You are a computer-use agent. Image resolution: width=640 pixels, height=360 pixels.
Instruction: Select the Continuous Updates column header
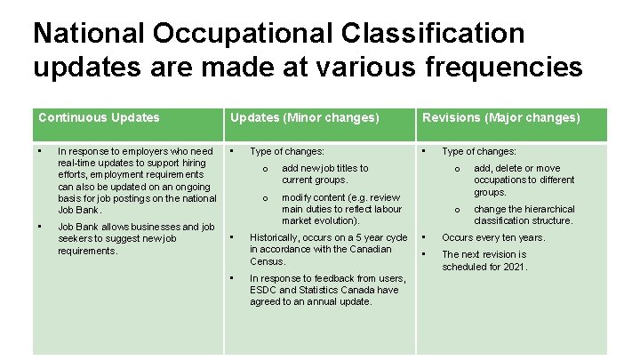pos(99,117)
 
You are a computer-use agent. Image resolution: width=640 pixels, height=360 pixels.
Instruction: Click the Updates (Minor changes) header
pos(304,117)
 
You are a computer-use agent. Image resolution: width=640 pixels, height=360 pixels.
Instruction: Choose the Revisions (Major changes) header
pos(500,117)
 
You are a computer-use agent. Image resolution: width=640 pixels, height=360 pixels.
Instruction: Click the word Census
pos(268,261)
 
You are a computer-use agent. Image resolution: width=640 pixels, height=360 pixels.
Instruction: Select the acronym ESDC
pos(264,290)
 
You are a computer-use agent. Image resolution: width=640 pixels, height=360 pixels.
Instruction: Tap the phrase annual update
pos(340,301)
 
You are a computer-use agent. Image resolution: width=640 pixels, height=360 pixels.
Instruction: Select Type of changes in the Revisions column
pos(479,152)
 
